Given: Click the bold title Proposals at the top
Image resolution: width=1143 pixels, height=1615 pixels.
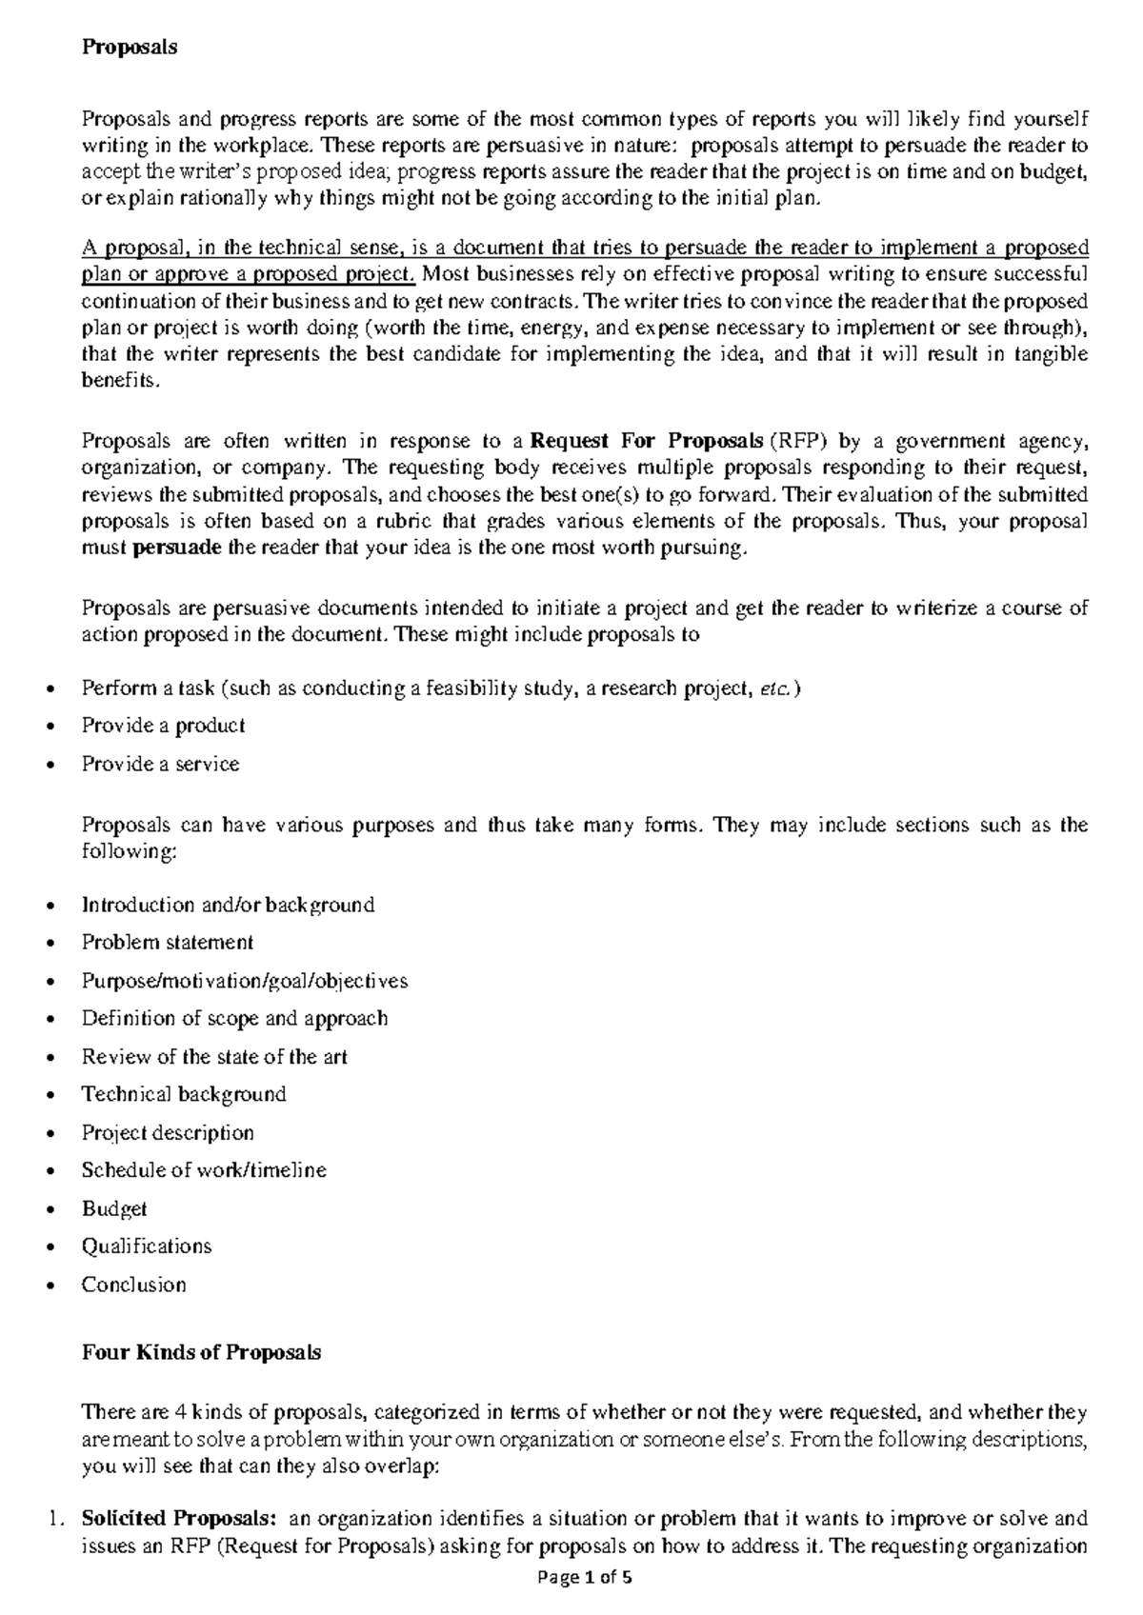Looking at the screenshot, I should point(130,47).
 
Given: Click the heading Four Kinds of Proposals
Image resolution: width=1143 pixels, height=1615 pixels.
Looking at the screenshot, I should point(201,1352).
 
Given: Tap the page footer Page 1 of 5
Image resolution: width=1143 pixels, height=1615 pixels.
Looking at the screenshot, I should point(585,1577).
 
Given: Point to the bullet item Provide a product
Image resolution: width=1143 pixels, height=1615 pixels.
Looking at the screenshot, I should point(163,726).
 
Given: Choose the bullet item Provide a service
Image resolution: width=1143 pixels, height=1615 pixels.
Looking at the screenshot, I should point(160,764).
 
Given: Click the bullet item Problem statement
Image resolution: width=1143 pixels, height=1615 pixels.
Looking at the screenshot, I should point(168,943).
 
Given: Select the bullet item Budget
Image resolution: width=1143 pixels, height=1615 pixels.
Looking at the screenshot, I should point(114,1208).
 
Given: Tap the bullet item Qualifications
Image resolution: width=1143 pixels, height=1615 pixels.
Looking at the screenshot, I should point(147,1246).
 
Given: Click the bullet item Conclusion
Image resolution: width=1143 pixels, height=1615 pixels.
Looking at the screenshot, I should point(133,1285).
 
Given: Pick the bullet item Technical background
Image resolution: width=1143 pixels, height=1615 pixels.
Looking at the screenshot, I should point(184,1094).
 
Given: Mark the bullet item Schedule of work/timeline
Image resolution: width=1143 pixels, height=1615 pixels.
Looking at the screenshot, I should point(204,1170).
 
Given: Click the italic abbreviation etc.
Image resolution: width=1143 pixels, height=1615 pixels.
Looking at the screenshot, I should point(776,688).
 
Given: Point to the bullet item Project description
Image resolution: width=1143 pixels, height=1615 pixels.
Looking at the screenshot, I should point(168,1132).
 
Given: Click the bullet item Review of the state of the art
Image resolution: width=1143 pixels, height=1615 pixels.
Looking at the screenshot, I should point(214,1057).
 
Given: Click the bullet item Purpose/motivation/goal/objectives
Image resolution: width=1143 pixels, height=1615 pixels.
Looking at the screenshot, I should point(245,981).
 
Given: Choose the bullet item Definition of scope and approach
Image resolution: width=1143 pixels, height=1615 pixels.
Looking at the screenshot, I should point(234,1019).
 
